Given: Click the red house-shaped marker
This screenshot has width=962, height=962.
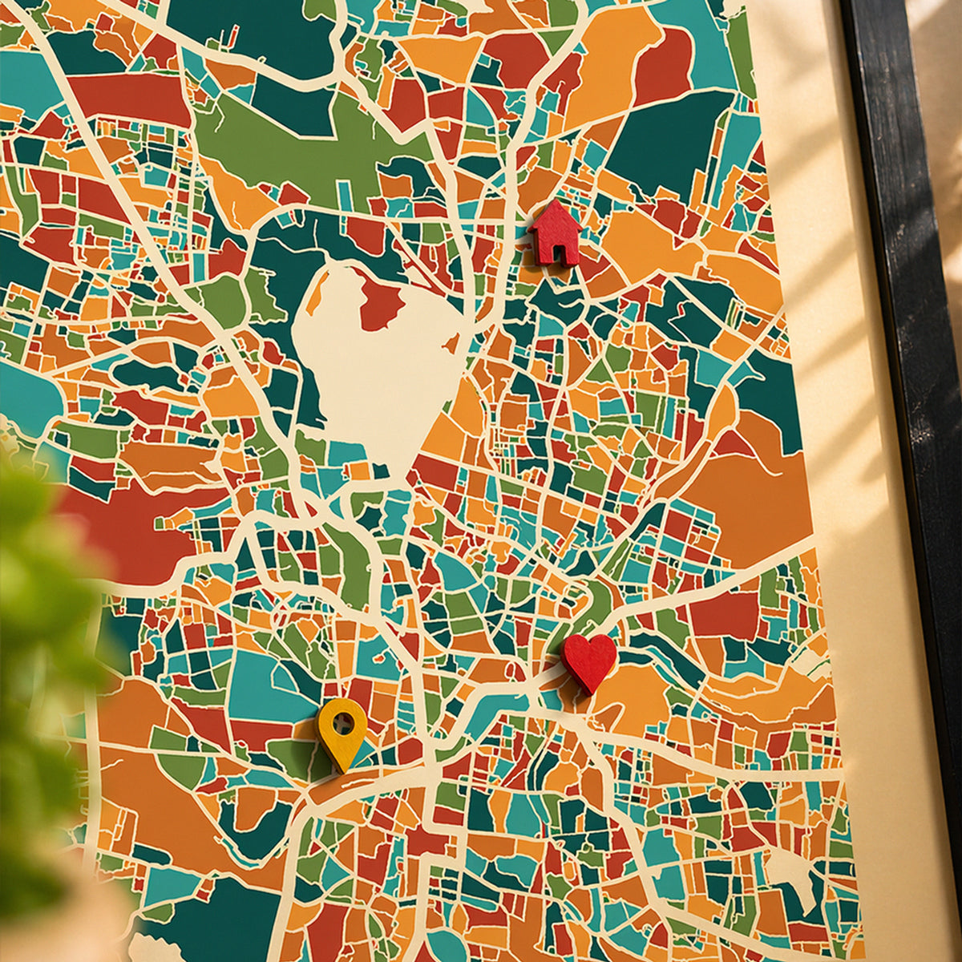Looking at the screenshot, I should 555,234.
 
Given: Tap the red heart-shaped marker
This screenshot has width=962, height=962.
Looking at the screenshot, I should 588,660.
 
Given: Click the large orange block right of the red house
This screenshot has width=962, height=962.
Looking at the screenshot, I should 641,240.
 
